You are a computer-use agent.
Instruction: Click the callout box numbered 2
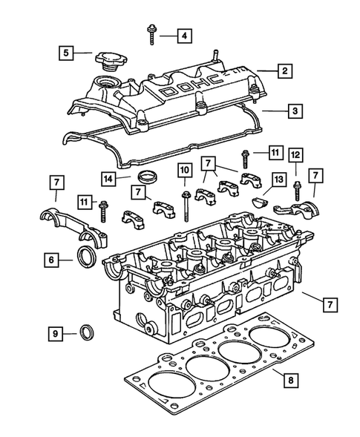coord(284,72)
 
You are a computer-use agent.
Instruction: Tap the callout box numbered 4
coord(183,35)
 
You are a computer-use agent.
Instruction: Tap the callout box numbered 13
coord(279,180)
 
